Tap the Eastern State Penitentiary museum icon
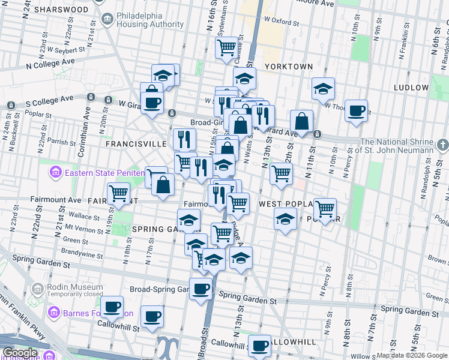pyautogui.click(x=55, y=173)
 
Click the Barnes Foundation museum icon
pyautogui.click(x=55, y=313)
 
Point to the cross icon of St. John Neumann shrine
pyautogui.click(x=442, y=145)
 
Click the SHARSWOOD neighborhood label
pyautogui.click(x=61, y=10)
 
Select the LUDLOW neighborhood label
pyautogui.click(x=411, y=88)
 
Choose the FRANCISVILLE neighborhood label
pyautogui.click(x=136, y=145)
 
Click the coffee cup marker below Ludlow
pyautogui.click(x=356, y=110)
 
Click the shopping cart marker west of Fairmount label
pyautogui.click(x=119, y=193)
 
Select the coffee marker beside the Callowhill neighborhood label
pyautogui.click(x=260, y=346)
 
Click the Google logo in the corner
pyautogui.click(x=19, y=353)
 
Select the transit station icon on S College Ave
pyautogui.click(x=91, y=97)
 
